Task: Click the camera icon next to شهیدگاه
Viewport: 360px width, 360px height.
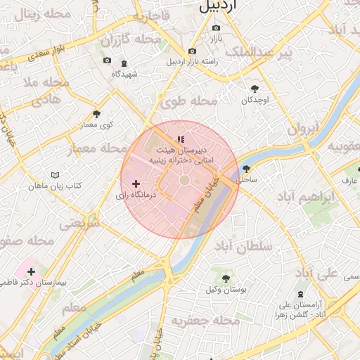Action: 107,61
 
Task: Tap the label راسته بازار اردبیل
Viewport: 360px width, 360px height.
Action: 192,61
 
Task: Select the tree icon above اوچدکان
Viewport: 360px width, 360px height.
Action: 255,89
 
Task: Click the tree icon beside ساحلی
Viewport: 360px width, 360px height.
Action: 245,169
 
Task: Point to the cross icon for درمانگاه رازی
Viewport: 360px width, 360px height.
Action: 136,184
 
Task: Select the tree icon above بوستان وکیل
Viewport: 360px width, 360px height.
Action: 225,278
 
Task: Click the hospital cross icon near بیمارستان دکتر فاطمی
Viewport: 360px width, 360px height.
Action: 31,271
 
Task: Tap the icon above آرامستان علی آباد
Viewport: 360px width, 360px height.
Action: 301,293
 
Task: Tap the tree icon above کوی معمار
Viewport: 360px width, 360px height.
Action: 96,114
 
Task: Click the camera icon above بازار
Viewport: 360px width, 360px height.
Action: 216,28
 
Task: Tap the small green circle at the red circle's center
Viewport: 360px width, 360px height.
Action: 184,181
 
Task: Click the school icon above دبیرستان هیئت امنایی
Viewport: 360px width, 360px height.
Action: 180,139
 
